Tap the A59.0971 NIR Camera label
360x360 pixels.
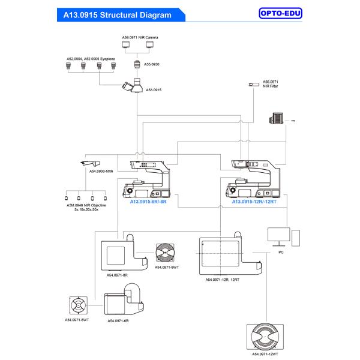(x=140, y=37)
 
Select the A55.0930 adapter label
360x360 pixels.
(x=152, y=63)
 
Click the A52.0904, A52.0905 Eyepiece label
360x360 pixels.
(x=91, y=59)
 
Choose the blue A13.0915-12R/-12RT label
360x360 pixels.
(x=254, y=202)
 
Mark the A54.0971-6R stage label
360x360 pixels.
(x=118, y=321)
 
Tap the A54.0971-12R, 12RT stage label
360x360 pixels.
(x=222, y=280)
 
